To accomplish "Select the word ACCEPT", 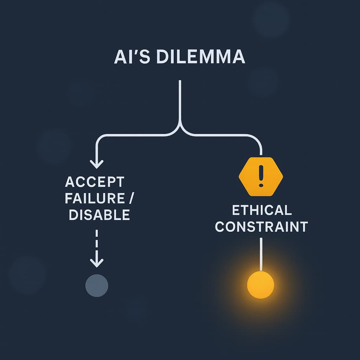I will [x=95, y=182].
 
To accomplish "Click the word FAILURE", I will [x=91, y=198].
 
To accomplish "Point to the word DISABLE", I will [x=99, y=214].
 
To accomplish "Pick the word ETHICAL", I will [x=262, y=210].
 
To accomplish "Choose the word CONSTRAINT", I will [x=261, y=227].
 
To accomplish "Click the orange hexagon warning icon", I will [x=261, y=176].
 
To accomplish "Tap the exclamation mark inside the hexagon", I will [x=261, y=176].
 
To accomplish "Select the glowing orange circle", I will [x=261, y=285].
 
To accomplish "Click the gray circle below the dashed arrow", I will [x=97, y=285].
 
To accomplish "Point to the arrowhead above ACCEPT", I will [x=97, y=163].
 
